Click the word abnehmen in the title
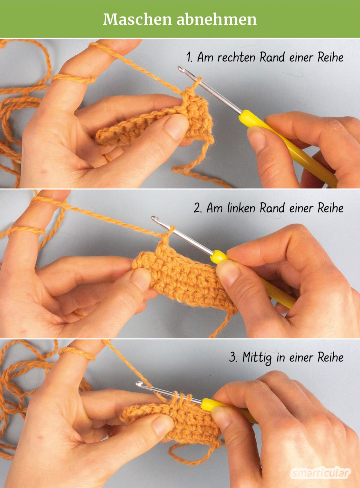pos(217,20)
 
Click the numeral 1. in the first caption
pos(190,57)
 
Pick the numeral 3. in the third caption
pos(234,358)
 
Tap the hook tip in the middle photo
pos(154,218)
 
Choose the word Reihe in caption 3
pos(330,358)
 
